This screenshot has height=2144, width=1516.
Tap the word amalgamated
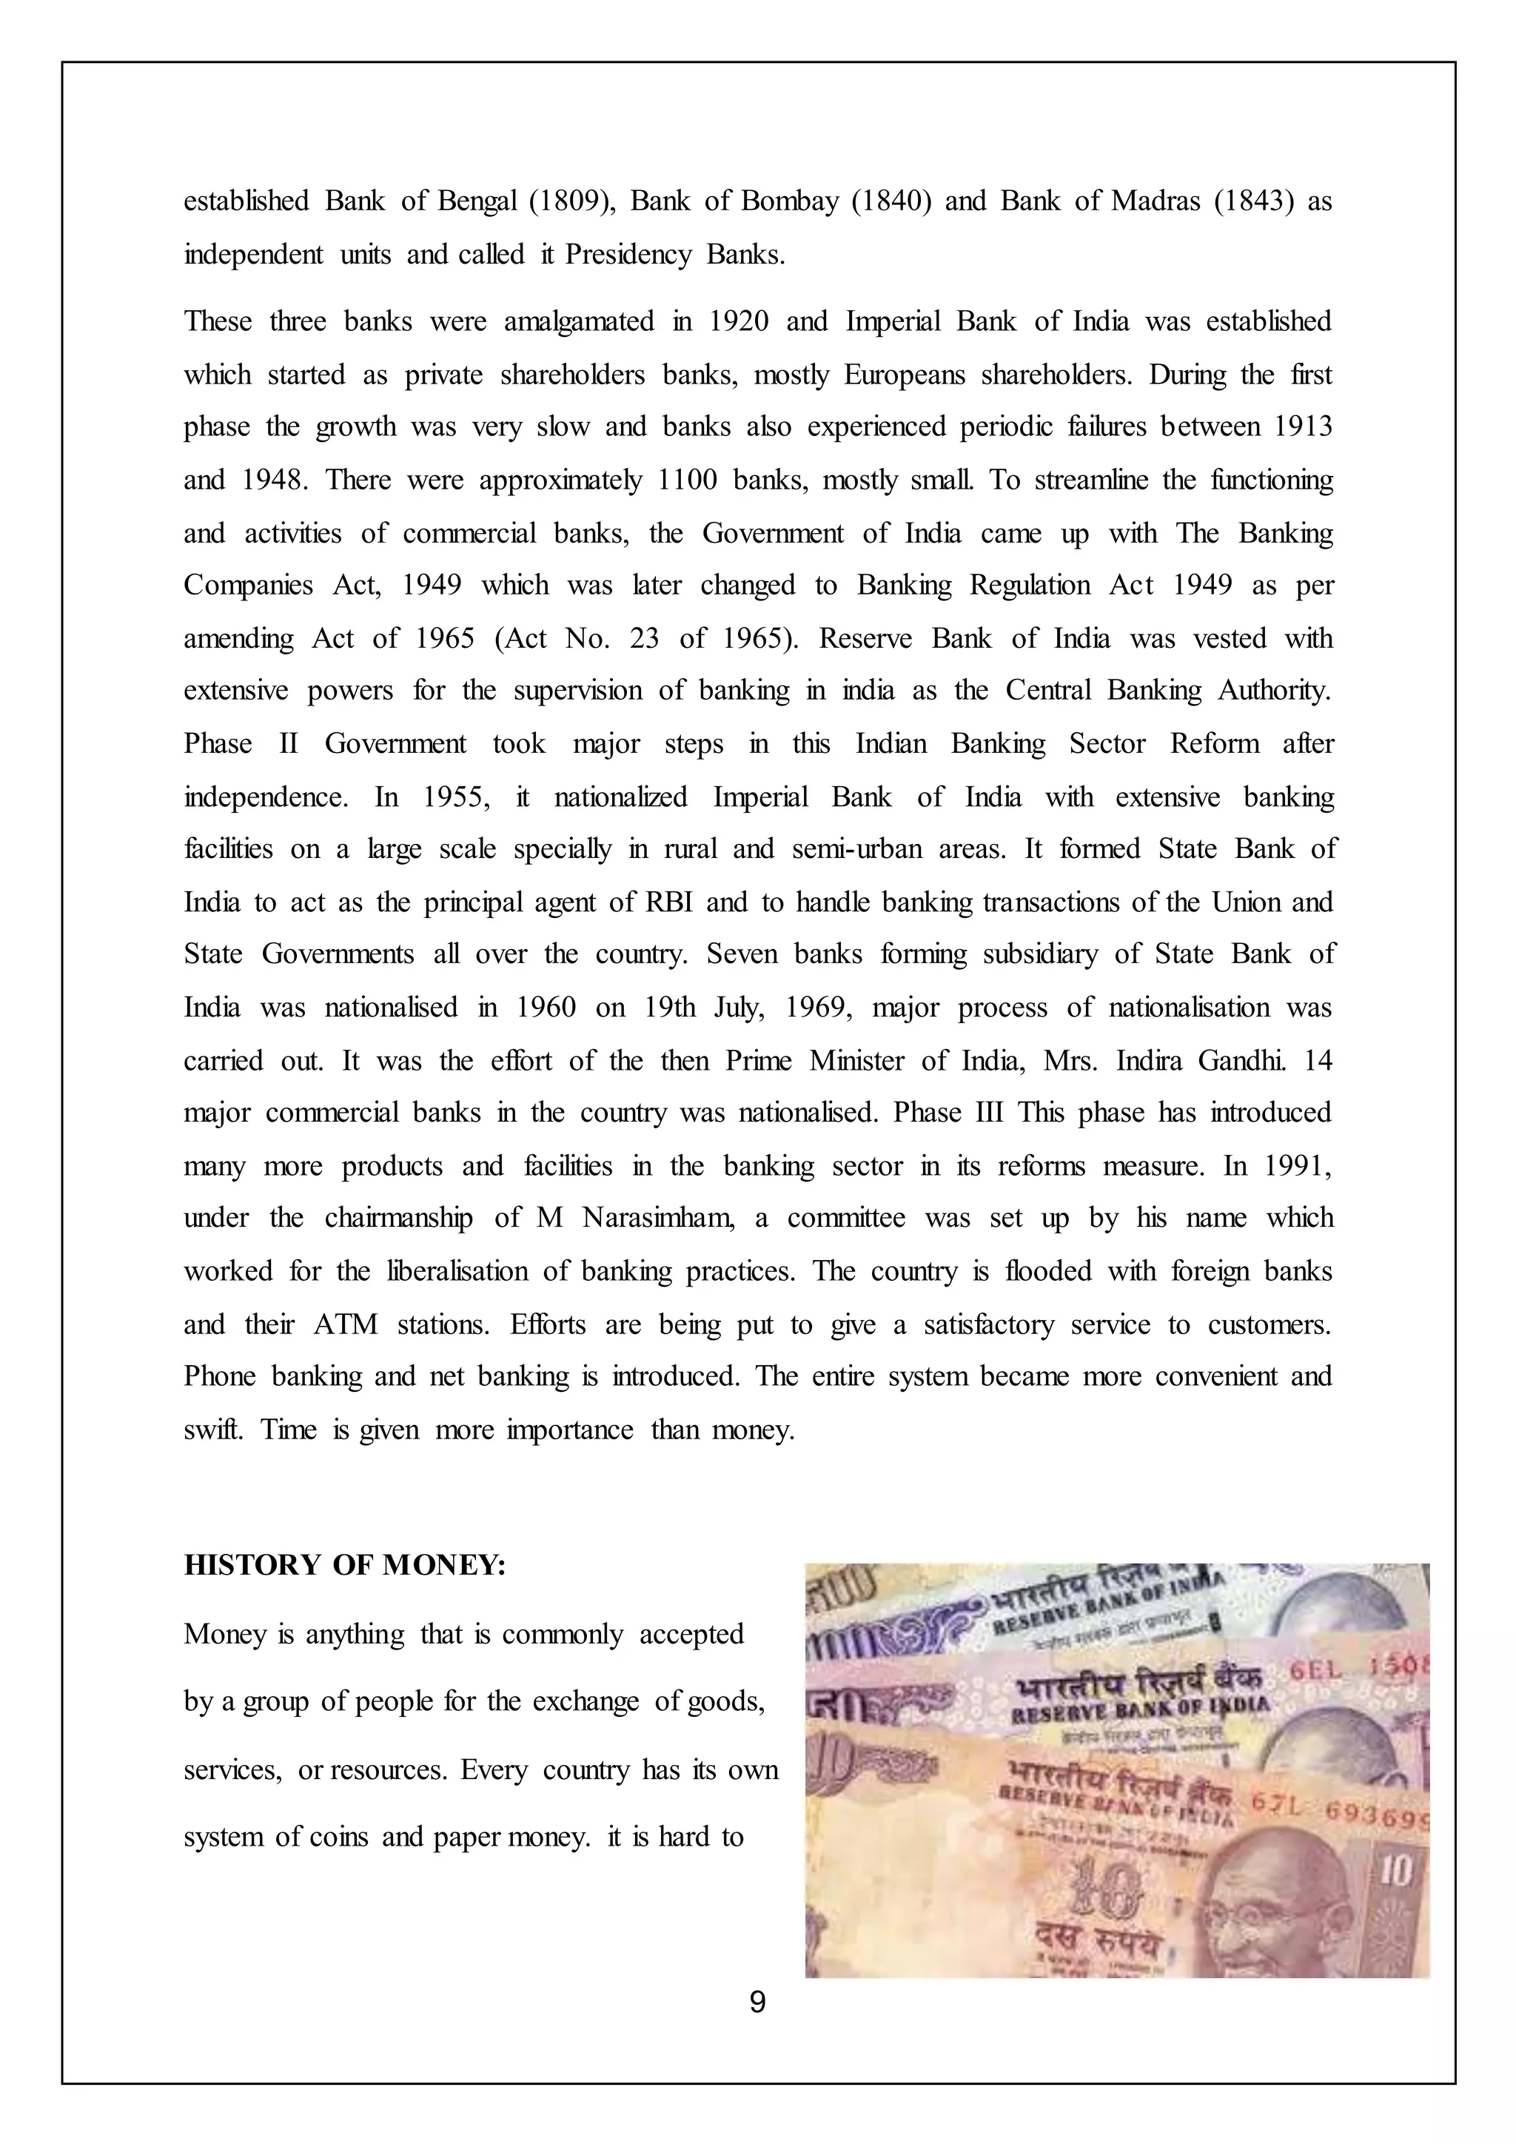(579, 322)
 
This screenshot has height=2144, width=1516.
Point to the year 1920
(739, 322)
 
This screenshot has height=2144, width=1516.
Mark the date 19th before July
(668, 1008)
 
